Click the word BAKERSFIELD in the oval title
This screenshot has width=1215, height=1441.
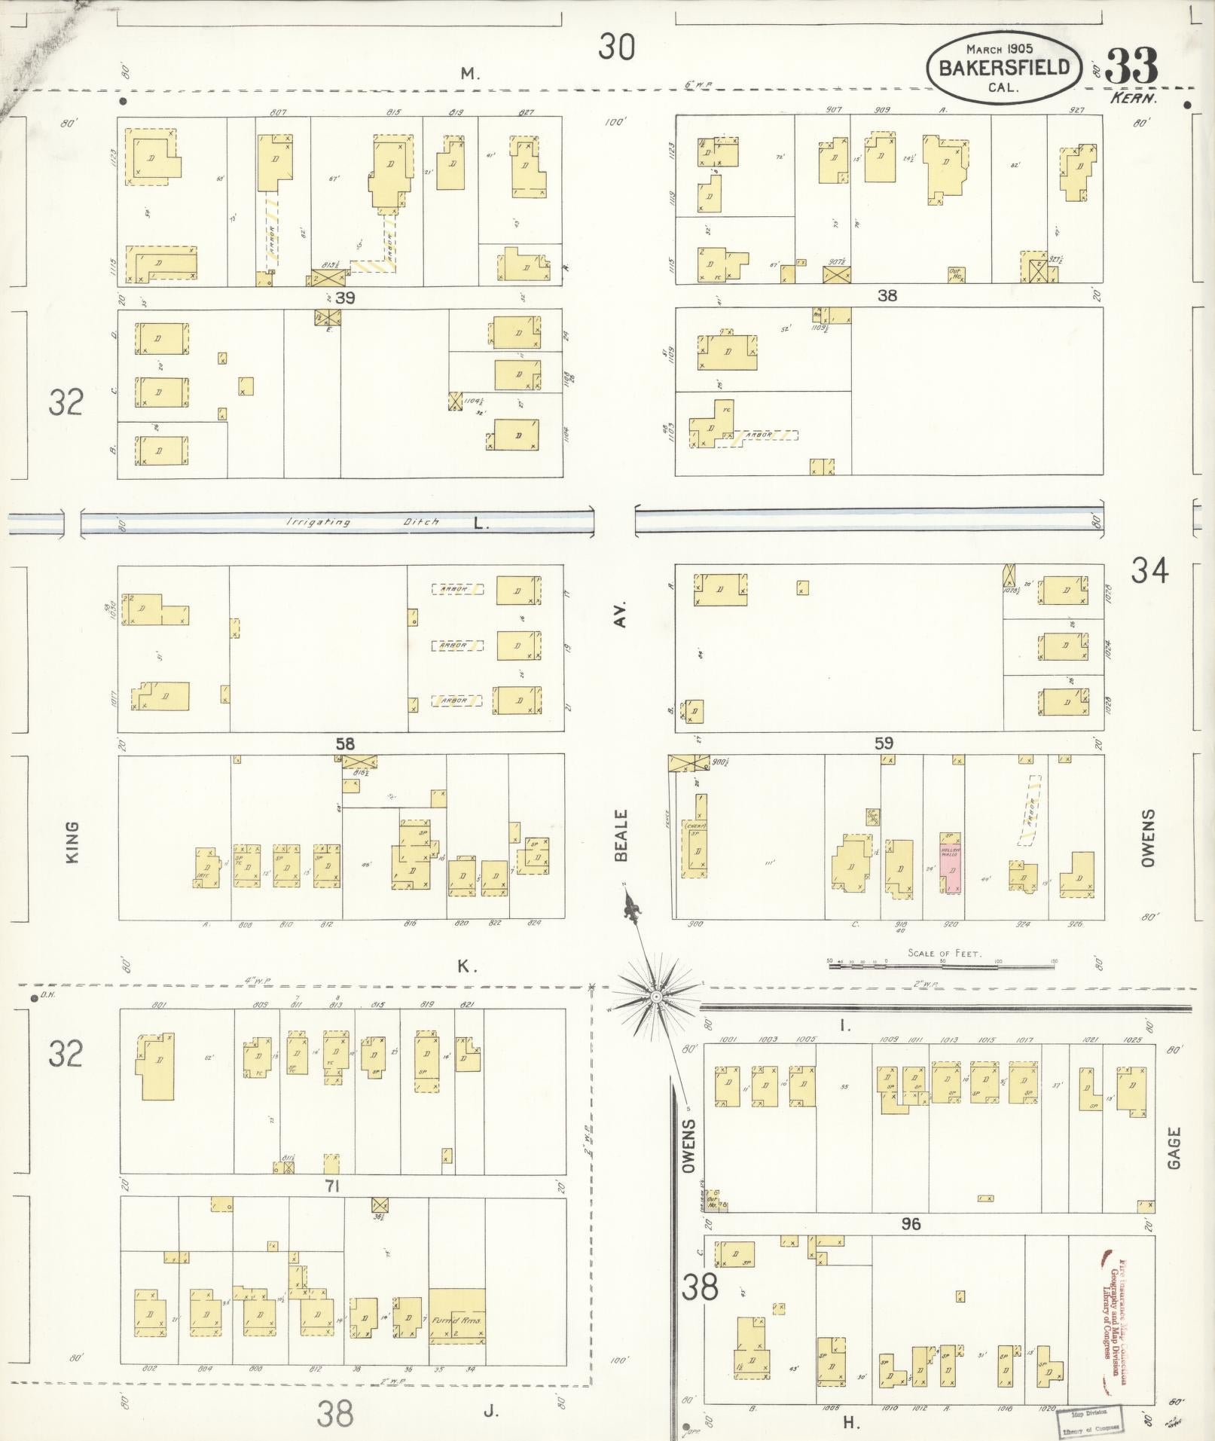click(1003, 67)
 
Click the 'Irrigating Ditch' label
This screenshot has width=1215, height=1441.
click(363, 522)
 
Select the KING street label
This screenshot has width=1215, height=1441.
click(73, 841)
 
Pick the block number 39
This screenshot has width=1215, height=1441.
click(345, 298)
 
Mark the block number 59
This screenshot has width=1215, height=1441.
click(884, 743)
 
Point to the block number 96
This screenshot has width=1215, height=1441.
click(911, 1224)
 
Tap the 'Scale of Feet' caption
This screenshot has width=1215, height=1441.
click(944, 953)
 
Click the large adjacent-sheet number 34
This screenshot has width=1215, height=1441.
click(1149, 572)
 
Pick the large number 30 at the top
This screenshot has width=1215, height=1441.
click(617, 47)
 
